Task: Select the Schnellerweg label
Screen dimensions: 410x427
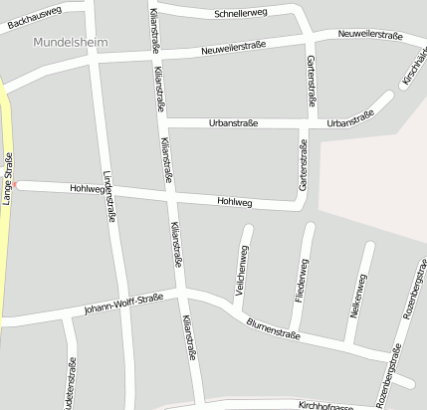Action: click(242, 14)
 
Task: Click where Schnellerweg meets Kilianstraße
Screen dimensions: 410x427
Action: click(152, 8)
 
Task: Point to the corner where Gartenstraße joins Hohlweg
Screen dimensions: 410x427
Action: click(302, 204)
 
